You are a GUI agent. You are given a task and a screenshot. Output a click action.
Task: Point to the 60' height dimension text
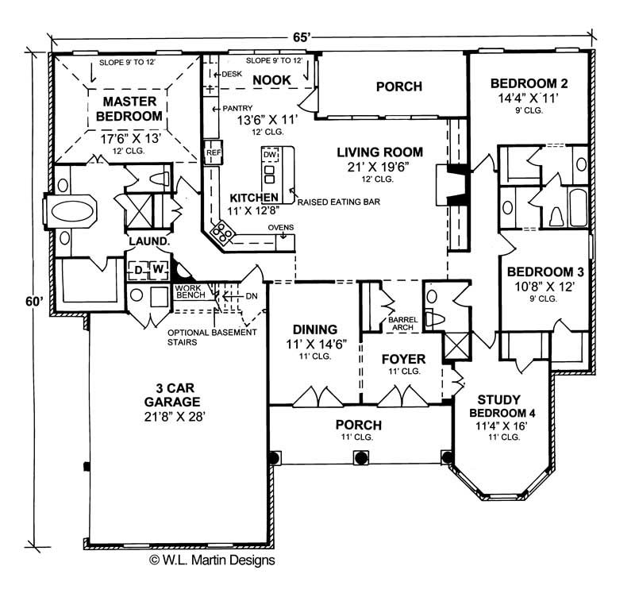(33, 302)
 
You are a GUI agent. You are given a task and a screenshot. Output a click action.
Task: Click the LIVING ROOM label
(379, 152)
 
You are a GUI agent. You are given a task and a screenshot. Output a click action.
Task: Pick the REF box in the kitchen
(213, 152)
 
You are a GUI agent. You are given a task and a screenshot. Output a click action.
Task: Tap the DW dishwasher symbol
(270, 153)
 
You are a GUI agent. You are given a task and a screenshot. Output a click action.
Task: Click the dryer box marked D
(138, 271)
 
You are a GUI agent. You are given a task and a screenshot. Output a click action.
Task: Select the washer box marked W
(158, 271)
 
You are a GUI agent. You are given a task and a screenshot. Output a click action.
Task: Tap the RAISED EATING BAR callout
(337, 202)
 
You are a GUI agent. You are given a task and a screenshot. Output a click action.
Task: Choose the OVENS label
(281, 229)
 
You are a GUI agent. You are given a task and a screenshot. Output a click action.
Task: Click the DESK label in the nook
(230, 74)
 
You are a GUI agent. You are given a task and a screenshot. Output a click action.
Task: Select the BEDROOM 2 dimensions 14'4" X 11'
(528, 98)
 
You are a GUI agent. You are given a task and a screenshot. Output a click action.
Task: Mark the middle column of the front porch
(361, 457)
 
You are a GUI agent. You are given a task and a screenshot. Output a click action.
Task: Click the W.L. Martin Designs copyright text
(212, 560)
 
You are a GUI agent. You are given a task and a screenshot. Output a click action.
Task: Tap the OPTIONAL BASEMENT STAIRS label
(212, 337)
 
